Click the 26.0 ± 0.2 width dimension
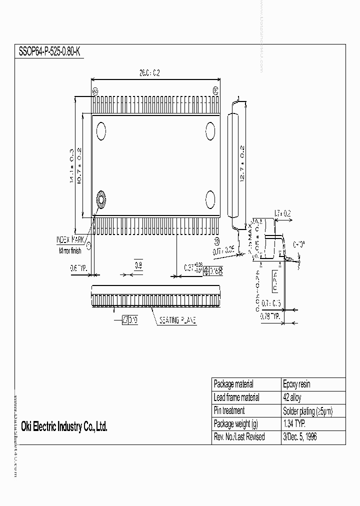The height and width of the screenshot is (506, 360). point(149,73)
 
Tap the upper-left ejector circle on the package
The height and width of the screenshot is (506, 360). point(101,131)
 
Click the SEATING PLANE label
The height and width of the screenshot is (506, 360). point(177,320)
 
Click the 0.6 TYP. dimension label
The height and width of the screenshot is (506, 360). point(78,268)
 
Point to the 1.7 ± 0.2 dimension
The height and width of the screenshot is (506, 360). point(283,214)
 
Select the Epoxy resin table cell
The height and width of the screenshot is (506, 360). point(296,384)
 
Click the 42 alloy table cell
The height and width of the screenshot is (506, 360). point(292,397)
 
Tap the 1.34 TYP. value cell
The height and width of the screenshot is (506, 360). point(294,423)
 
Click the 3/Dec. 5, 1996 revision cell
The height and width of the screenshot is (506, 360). point(299,436)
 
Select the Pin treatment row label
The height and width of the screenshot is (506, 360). point(229,410)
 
